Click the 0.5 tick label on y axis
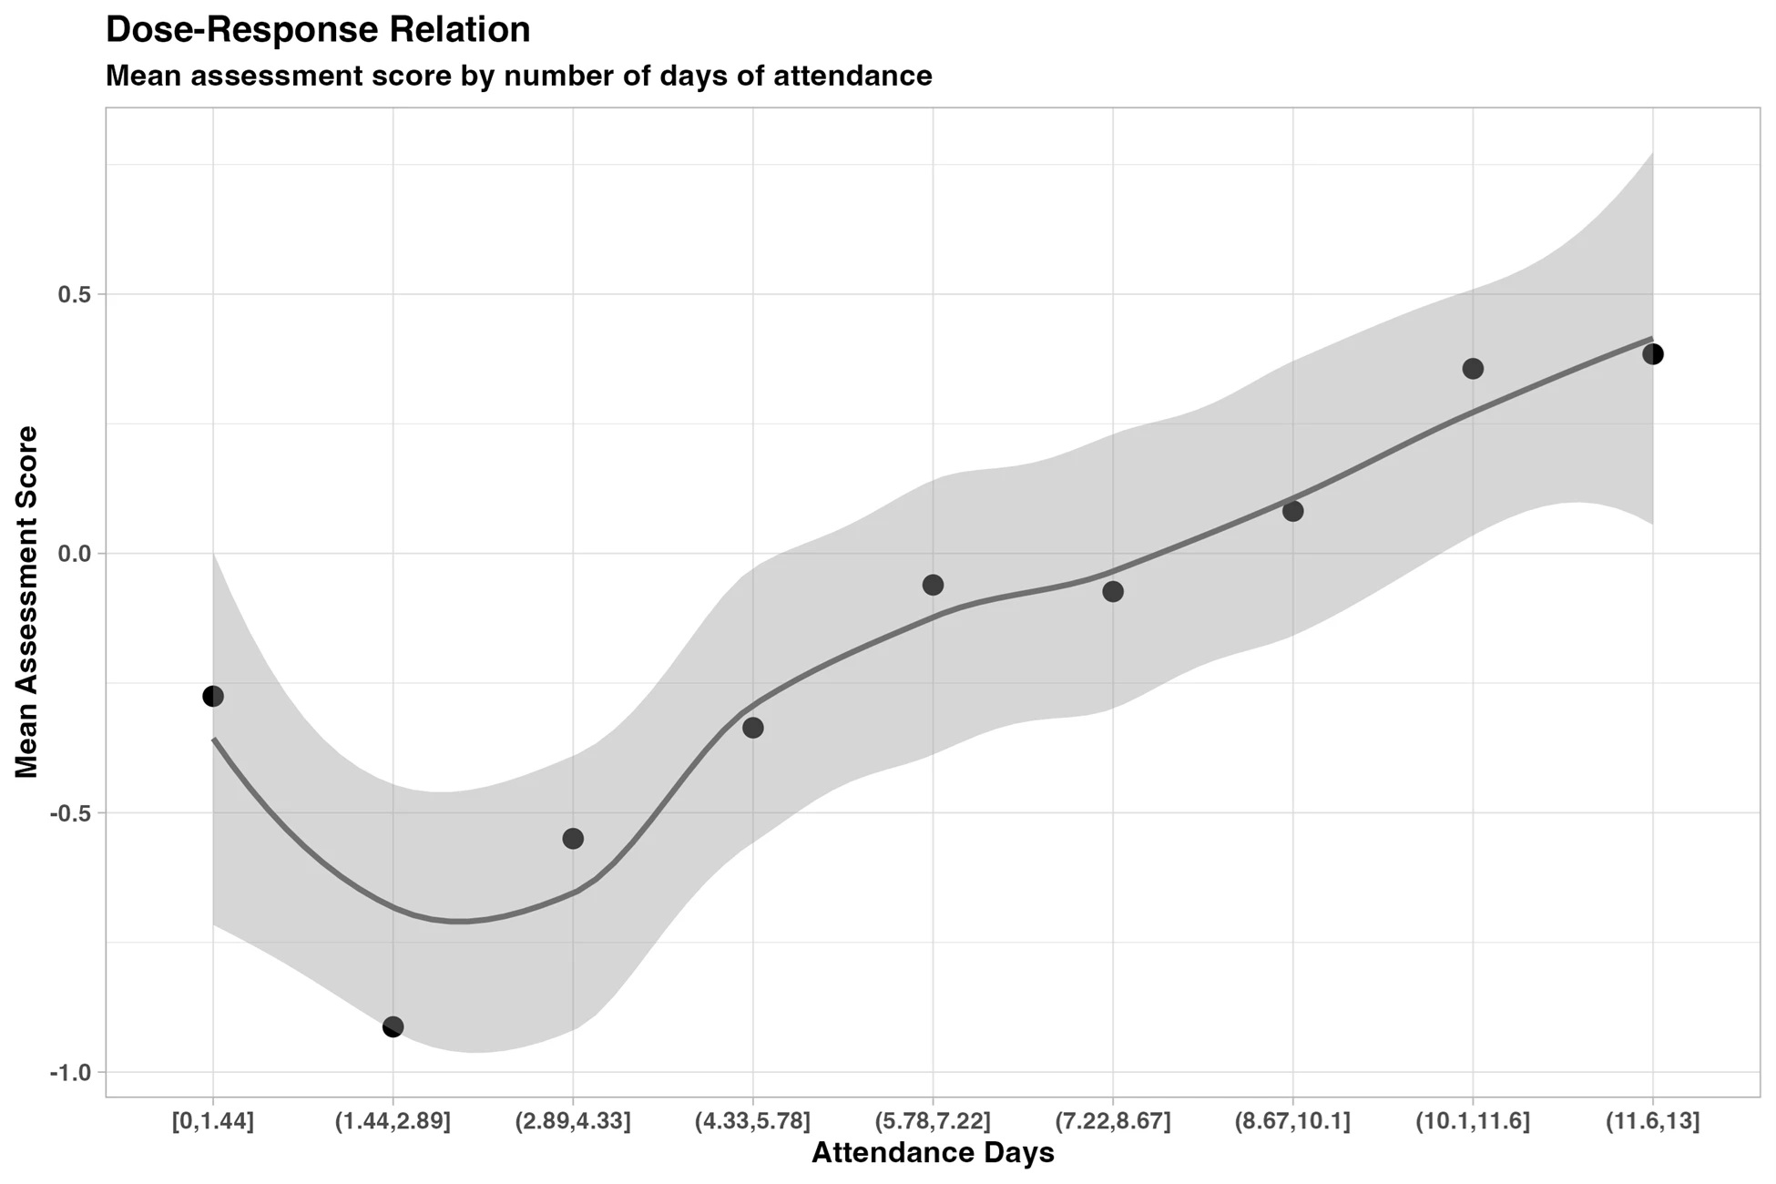pyautogui.click(x=75, y=295)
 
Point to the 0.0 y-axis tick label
pyautogui.click(x=75, y=554)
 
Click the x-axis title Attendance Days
pyautogui.click(x=933, y=1153)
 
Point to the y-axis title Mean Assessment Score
pyautogui.click(x=27, y=602)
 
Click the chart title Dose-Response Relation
pyautogui.click(x=318, y=30)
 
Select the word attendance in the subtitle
pyautogui.click(x=852, y=76)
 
